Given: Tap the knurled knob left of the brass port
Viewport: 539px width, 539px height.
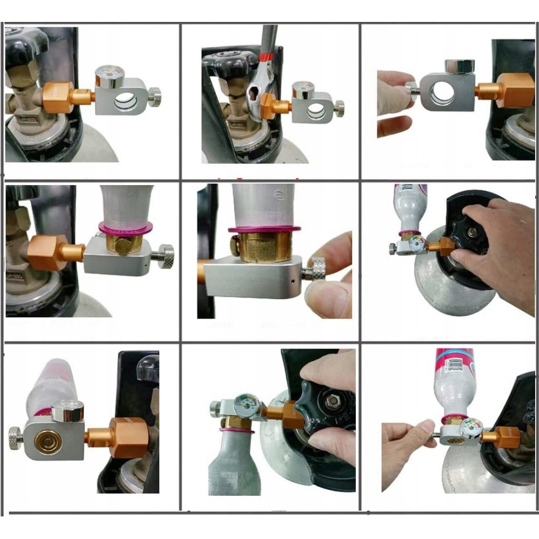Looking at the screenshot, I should tap(16, 438).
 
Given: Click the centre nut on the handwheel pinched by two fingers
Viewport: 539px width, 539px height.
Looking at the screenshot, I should tap(333, 404).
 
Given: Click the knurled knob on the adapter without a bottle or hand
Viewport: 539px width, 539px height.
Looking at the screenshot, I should tap(155, 97).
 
